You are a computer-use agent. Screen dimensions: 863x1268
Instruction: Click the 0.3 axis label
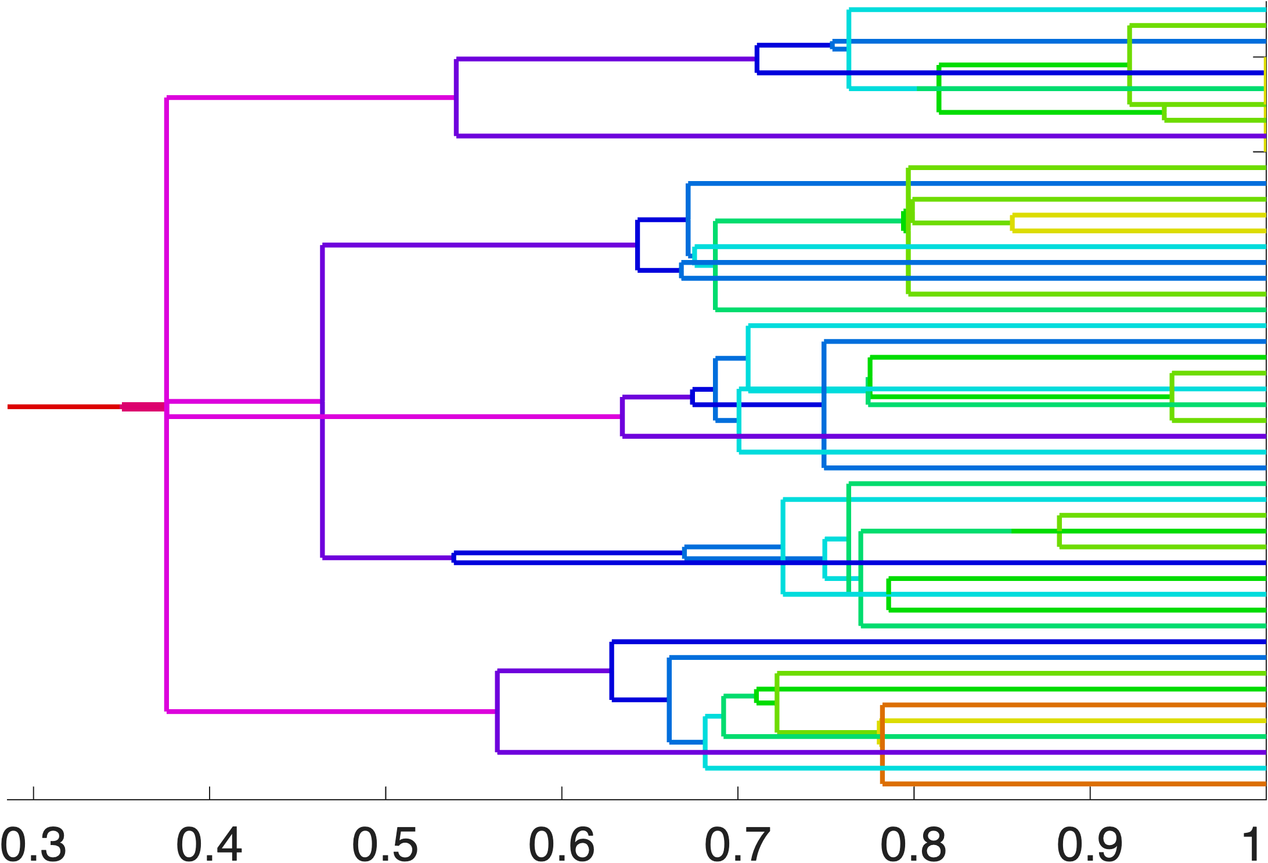point(34,844)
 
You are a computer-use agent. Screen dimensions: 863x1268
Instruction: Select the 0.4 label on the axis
point(209,844)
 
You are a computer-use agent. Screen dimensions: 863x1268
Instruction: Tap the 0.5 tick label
point(385,844)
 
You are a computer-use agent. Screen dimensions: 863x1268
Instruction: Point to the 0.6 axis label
point(561,844)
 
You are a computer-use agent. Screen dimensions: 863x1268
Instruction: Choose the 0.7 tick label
point(737,844)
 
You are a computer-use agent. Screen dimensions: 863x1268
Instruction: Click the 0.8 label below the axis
point(913,844)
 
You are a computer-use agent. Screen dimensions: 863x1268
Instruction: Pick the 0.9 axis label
point(1090,844)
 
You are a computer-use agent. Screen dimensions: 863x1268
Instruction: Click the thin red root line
point(64,406)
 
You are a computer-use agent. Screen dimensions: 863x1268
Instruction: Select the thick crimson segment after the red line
point(143,406)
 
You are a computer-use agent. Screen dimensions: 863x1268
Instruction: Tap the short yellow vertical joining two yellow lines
point(1013,223)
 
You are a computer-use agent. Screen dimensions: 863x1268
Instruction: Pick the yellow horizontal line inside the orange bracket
point(1074,721)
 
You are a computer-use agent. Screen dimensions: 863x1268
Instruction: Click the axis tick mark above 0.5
point(386,793)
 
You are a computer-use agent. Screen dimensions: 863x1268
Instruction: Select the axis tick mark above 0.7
point(738,793)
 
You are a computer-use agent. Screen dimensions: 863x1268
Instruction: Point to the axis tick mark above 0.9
point(1090,793)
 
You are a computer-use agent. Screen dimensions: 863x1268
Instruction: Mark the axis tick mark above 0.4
point(210,793)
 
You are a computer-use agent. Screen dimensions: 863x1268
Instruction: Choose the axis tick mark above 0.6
point(561,793)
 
